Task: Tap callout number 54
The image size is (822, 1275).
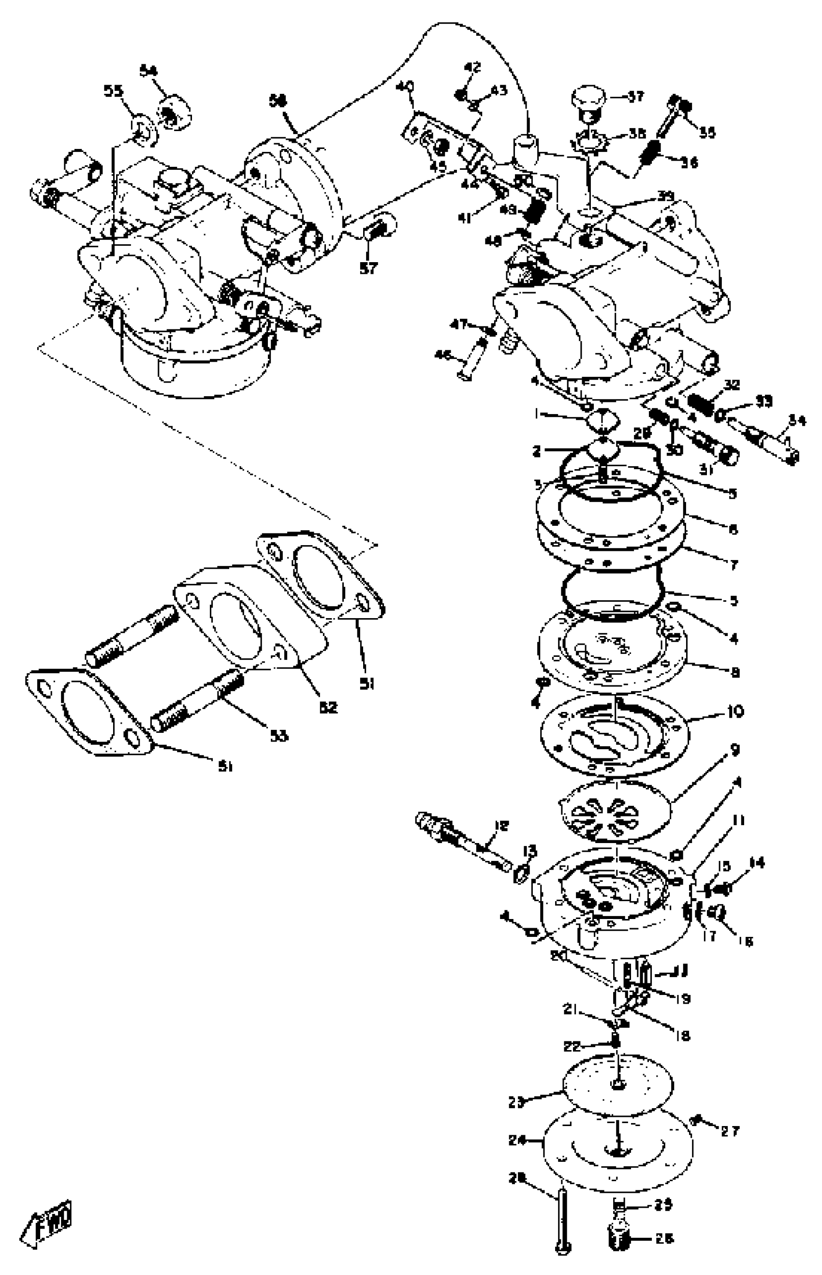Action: click(149, 70)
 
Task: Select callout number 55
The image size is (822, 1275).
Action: click(113, 91)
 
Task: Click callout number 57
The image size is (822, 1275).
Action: click(368, 268)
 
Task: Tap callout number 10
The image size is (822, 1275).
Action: click(735, 712)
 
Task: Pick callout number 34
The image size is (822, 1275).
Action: click(797, 422)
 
